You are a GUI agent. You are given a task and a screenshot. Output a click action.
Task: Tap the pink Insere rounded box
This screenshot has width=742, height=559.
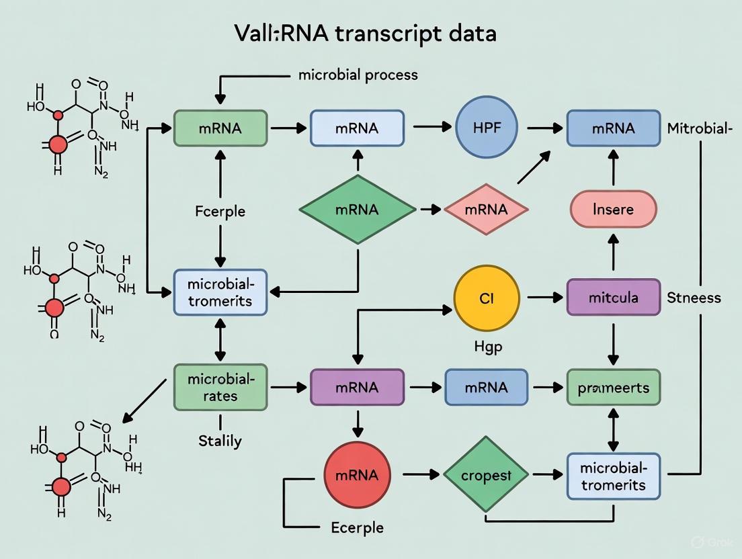click(613, 209)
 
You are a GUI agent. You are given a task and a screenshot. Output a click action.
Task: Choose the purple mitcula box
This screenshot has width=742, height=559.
click(613, 297)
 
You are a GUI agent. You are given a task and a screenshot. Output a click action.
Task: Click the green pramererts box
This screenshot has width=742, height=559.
click(613, 387)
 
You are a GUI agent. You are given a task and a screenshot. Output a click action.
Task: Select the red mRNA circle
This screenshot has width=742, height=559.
click(357, 475)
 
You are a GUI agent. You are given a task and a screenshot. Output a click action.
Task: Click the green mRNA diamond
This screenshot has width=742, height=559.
click(357, 210)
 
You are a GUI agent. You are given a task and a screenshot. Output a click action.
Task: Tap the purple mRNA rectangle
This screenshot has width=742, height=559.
click(357, 387)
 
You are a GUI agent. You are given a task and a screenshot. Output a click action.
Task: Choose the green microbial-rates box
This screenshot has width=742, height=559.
click(220, 387)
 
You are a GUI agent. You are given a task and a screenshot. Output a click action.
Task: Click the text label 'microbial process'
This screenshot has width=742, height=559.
click(358, 75)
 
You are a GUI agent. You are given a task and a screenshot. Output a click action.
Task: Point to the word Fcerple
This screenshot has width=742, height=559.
click(220, 212)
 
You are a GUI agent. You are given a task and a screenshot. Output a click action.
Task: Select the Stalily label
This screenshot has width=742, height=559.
click(220, 441)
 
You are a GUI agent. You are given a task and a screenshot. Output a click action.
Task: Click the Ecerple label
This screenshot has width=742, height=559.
click(357, 527)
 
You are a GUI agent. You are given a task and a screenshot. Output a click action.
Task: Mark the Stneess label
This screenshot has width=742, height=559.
click(694, 297)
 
